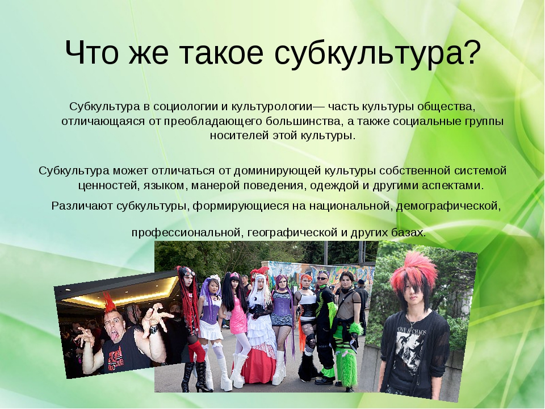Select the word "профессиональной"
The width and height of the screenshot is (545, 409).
187,232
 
